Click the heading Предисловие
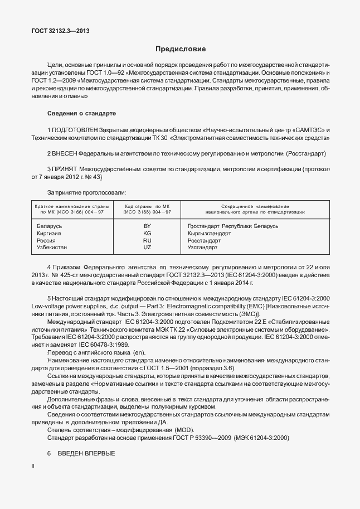click(180, 49)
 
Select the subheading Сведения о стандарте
click(81, 113)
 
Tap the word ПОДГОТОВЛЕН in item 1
click(75, 129)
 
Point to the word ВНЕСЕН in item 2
click(65, 153)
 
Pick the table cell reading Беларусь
click(49, 226)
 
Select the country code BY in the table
click(147, 226)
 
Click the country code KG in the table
click(147, 233)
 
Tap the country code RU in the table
click(147, 240)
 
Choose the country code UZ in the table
click(147, 247)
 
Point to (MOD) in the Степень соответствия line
click(190, 430)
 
